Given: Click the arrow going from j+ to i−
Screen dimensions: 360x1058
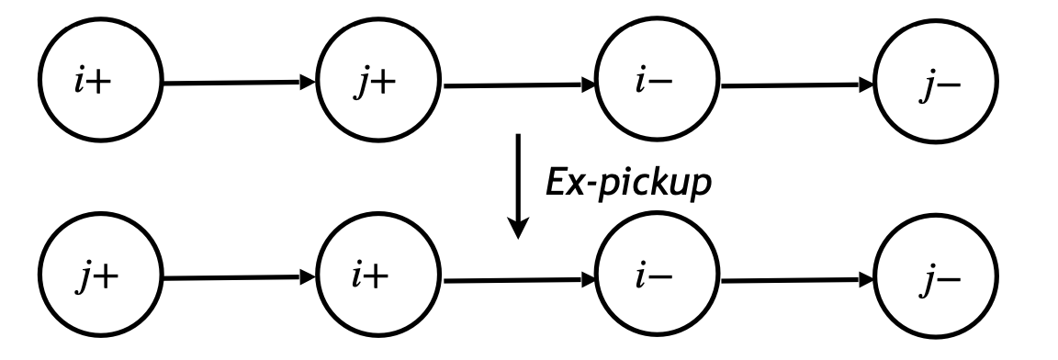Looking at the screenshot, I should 519,84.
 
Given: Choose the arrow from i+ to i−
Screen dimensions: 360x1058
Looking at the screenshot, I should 519,276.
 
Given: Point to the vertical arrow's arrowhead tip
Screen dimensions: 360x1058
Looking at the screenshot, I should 519,235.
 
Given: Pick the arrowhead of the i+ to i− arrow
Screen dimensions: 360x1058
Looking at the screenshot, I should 589,276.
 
